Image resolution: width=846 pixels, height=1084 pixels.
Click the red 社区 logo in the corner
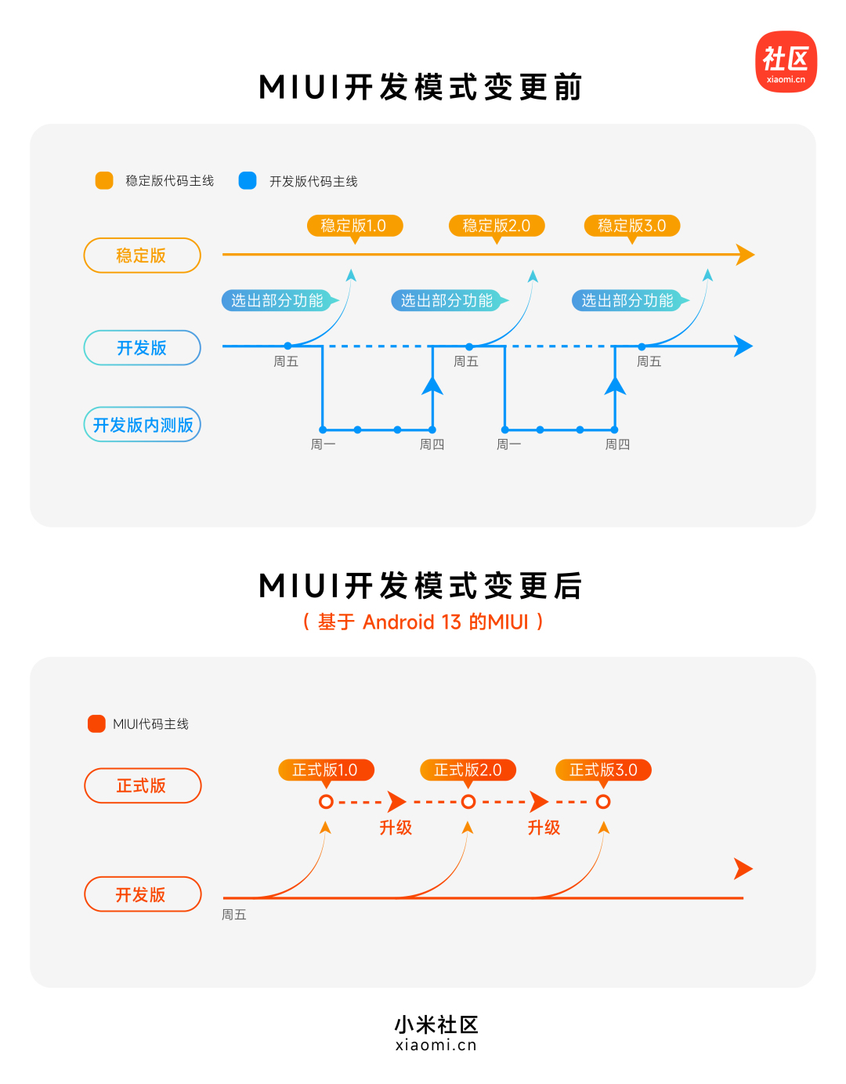tap(786, 62)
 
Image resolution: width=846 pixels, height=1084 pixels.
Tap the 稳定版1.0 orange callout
tap(354, 226)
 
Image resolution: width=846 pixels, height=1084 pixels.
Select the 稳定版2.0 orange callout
tap(496, 226)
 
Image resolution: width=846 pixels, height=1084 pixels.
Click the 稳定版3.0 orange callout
tap(631, 226)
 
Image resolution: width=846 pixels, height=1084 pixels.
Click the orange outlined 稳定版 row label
tap(142, 256)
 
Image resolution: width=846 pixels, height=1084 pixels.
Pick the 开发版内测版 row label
tap(142, 425)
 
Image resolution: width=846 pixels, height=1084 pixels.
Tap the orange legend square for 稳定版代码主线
tap(104, 181)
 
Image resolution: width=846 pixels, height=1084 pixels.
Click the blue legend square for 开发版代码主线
tap(248, 181)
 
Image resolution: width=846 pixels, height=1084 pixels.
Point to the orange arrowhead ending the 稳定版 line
tap(745, 255)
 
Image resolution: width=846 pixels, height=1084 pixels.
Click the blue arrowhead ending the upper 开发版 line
tap(743, 346)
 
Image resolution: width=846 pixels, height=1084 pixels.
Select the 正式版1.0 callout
tap(325, 770)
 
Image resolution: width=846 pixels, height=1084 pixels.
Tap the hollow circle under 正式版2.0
tap(468, 802)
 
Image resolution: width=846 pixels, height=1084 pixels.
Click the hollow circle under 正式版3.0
tap(603, 802)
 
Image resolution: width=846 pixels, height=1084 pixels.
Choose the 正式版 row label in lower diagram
tap(142, 785)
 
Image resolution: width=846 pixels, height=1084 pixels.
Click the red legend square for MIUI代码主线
tap(96, 723)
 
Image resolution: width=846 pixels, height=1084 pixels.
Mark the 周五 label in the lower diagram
tap(233, 915)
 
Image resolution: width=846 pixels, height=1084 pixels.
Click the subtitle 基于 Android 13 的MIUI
tap(423, 622)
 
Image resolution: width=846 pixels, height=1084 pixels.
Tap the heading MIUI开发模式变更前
tap(421, 87)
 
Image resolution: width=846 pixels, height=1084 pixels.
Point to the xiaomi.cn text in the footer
tap(436, 1045)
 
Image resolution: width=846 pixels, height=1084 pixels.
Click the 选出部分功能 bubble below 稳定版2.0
tap(447, 300)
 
